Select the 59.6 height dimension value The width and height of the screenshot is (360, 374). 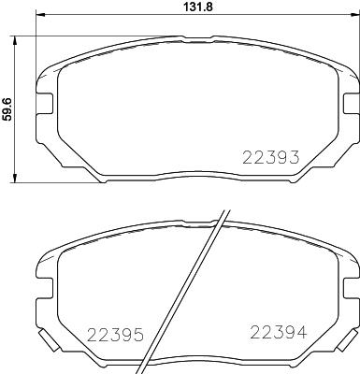(7, 106)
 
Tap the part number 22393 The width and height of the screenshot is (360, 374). (270, 158)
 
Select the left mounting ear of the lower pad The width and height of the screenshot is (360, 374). (44, 272)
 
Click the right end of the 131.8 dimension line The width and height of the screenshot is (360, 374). (355, 19)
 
